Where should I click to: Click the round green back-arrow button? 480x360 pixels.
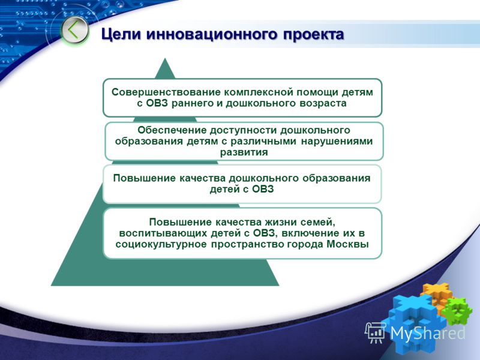coord(74,31)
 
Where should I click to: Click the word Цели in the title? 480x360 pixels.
coord(121,34)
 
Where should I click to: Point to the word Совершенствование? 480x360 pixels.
coord(166,92)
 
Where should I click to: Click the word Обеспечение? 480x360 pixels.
coord(172,130)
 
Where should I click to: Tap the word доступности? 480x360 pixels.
coord(244,130)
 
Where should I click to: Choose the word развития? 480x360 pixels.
coord(244,152)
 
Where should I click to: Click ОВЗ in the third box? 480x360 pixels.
coord(263,189)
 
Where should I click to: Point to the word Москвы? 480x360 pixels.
coord(348,245)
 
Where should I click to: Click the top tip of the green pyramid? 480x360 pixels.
coord(165,58)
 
